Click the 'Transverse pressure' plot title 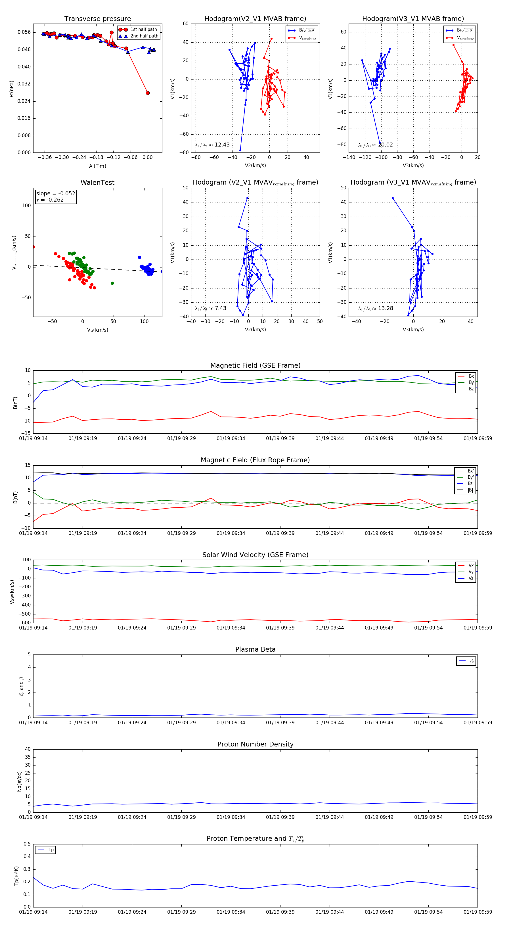coord(97,19)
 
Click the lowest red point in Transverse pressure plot coord(148,93)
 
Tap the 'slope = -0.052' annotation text coord(56,194)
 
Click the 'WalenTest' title coord(97,183)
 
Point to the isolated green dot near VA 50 coord(112,283)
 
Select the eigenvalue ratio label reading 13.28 coord(375,308)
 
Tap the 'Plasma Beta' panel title coord(255,649)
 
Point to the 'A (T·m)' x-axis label coord(97,166)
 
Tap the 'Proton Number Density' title coord(255,744)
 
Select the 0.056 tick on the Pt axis coord(24,32)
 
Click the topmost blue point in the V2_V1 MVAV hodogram coord(247,198)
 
